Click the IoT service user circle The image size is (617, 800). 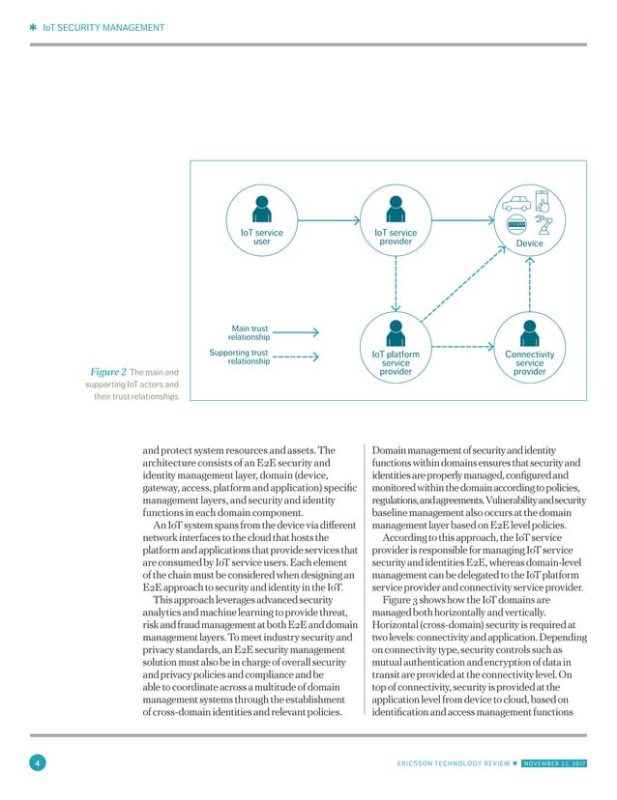[261, 223]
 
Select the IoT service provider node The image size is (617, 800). [395, 223]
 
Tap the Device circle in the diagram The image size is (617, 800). [529, 223]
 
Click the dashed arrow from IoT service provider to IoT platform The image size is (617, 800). [395, 285]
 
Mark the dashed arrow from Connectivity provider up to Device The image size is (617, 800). [529, 285]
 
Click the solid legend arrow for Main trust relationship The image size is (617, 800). [303, 332]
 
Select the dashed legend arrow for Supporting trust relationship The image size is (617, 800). [303, 357]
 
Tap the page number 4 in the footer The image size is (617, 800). [36, 765]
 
